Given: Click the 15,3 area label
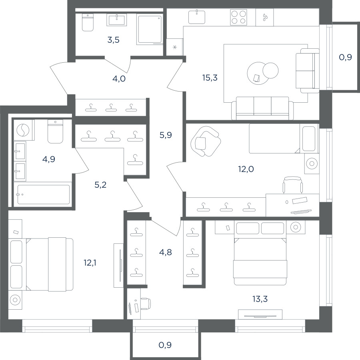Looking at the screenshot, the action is click(x=210, y=78).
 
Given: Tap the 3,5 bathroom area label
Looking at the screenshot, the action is click(x=113, y=40).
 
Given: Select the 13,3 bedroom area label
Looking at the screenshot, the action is click(x=260, y=299).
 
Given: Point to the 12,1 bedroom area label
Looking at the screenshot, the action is click(x=90, y=263).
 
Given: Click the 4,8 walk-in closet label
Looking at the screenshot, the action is click(x=165, y=252).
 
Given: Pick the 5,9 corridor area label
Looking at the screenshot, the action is click(x=166, y=135).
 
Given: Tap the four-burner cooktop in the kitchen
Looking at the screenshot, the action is click(x=238, y=17).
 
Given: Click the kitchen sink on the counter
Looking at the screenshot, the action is click(x=197, y=17).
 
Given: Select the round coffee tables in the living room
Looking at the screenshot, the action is click(x=262, y=73).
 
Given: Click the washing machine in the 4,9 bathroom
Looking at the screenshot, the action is click(x=23, y=130).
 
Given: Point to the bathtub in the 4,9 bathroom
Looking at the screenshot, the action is click(x=43, y=195).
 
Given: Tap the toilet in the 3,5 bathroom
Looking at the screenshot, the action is click(x=88, y=22).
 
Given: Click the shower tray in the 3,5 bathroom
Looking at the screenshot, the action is click(x=150, y=29).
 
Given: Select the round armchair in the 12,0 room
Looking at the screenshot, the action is click(x=206, y=141).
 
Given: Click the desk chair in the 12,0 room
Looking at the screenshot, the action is click(x=292, y=185).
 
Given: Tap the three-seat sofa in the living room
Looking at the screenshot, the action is click(x=262, y=108).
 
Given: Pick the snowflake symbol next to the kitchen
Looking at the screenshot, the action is click(x=175, y=48).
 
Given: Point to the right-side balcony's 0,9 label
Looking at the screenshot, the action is click(x=345, y=57).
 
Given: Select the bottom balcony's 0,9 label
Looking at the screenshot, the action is click(x=165, y=345).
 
